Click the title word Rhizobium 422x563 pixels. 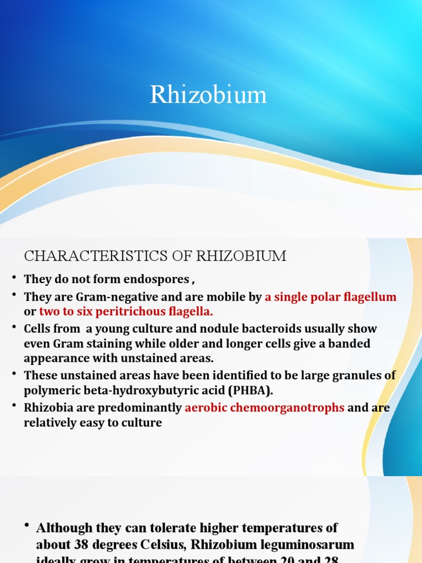pyautogui.click(x=208, y=95)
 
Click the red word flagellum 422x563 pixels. pyautogui.click(x=370, y=297)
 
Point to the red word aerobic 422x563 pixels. pyautogui.click(x=204, y=408)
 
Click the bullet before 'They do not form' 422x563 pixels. pyautogui.click(x=13, y=278)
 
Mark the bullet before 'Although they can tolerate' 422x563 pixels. pyautogui.click(x=26, y=526)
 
